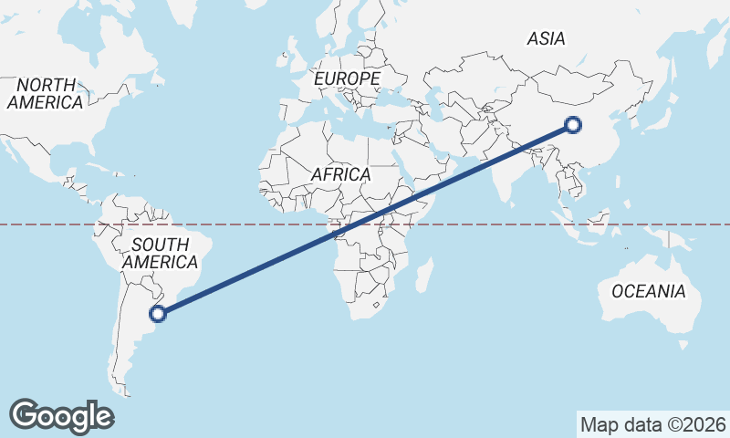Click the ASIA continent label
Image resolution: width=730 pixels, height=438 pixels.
pos(547,38)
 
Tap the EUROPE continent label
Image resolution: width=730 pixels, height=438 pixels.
pos(347,79)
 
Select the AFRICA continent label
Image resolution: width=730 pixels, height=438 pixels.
pos(340,174)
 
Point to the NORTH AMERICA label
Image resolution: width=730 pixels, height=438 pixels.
pos(45,94)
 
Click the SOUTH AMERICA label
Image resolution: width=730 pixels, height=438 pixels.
pos(161,254)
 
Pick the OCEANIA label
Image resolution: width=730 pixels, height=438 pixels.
pos(648,292)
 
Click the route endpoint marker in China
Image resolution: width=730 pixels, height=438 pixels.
pos(573,125)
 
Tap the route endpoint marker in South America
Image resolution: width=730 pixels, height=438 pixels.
pos(158,314)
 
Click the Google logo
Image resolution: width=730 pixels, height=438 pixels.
pos(61,415)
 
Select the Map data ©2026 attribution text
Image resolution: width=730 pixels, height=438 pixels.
pos(653,424)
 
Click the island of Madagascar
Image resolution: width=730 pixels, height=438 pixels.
pos(423,275)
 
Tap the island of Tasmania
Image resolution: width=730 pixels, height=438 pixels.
pos(683,345)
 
